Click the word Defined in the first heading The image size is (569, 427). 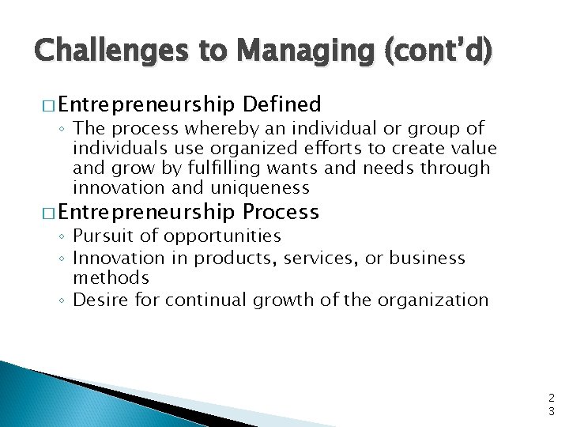click(282, 104)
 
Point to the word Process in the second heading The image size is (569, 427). click(281, 212)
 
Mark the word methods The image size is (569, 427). click(111, 278)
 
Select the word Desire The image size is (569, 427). click(99, 300)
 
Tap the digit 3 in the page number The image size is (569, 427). click(551, 411)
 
